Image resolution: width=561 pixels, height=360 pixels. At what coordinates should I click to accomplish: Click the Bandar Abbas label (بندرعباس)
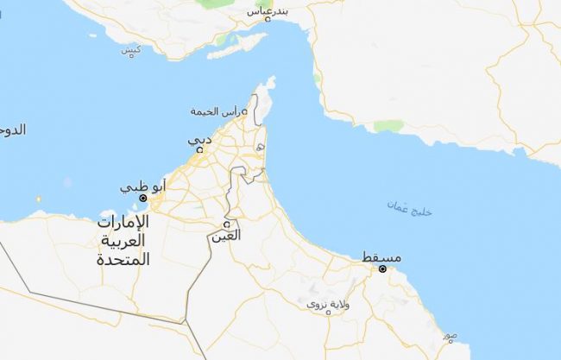[x=269, y=11]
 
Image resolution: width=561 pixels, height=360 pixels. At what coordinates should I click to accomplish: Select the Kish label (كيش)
[x=131, y=49]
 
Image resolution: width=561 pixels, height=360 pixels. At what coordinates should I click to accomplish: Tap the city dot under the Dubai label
[x=200, y=149]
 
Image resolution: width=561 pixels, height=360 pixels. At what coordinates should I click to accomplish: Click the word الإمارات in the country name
[x=123, y=222]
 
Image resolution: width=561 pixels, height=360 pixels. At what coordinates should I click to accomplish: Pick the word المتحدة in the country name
[x=123, y=258]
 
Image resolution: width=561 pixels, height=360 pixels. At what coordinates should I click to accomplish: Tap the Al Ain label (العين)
[x=226, y=235]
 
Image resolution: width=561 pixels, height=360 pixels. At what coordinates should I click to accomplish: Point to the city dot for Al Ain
[x=226, y=223]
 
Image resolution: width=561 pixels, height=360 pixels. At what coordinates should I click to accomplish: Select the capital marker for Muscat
[x=382, y=268]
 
